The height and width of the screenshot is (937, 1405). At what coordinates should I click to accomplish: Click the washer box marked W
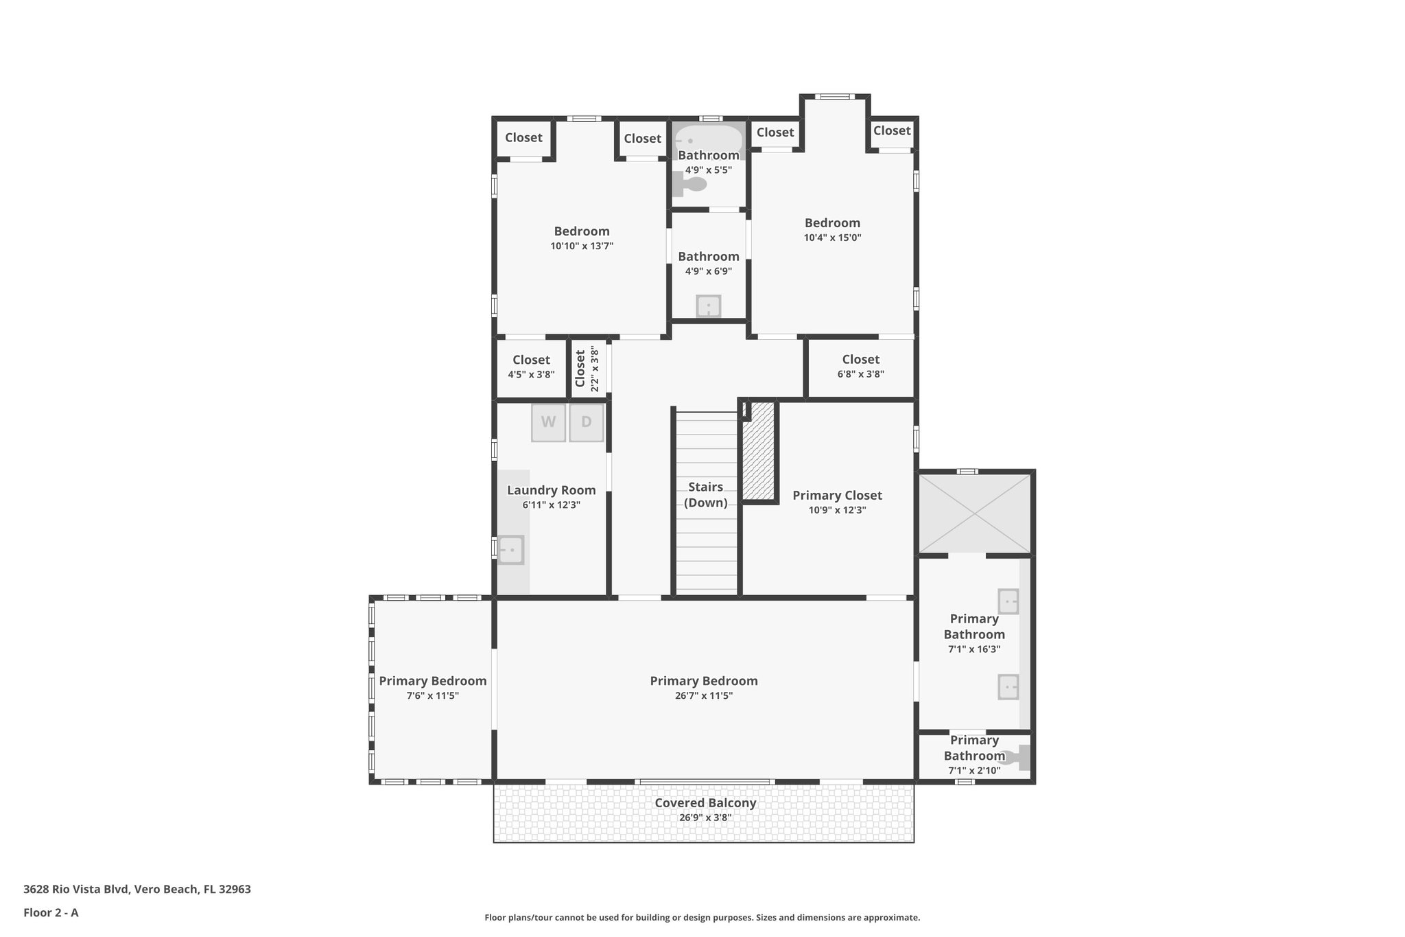(548, 422)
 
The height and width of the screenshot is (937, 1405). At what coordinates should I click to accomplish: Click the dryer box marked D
(586, 422)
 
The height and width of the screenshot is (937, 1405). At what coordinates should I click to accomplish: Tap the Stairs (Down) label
(706, 494)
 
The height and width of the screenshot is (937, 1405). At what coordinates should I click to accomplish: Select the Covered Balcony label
(705, 803)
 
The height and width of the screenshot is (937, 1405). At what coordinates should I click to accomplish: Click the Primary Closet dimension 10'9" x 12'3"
(837, 510)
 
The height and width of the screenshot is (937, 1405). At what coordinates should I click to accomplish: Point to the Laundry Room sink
(510, 550)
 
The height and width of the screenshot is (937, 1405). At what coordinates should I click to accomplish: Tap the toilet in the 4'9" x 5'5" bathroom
(692, 184)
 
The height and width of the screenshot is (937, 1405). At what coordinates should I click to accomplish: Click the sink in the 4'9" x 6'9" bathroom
(708, 306)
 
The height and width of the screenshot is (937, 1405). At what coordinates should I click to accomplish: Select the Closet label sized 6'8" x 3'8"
(860, 360)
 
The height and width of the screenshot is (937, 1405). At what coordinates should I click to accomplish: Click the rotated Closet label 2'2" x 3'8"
(580, 369)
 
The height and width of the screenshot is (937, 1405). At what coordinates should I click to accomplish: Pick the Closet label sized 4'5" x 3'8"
(531, 360)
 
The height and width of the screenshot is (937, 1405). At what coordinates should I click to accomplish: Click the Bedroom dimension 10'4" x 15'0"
(832, 238)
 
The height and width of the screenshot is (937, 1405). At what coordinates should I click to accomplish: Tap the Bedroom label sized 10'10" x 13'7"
(582, 231)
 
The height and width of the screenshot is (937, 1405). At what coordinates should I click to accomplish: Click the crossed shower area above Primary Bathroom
(975, 513)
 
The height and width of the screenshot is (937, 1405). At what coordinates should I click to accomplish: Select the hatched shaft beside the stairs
(759, 451)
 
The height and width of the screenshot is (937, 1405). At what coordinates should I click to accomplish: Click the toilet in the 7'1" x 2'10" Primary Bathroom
(1019, 758)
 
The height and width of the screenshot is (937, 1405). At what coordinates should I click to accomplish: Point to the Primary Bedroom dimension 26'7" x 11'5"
(704, 695)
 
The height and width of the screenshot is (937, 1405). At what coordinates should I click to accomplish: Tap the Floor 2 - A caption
(51, 912)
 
